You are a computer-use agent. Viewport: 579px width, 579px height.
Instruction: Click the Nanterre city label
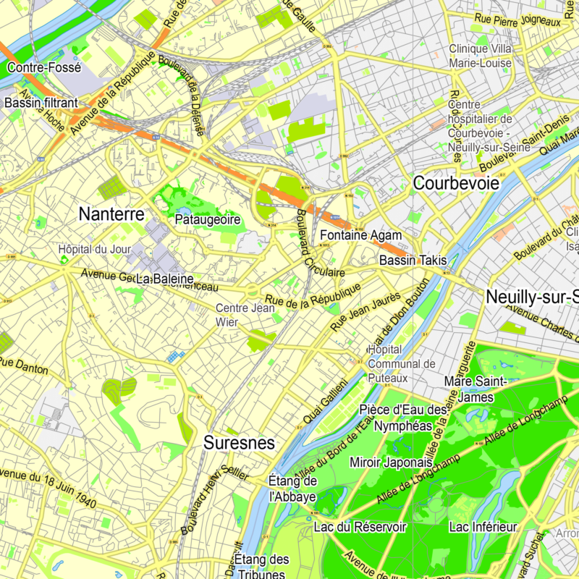tap(111, 214)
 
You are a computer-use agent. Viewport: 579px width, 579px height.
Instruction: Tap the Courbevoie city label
tap(456, 184)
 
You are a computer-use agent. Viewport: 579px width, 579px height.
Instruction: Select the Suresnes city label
tap(239, 443)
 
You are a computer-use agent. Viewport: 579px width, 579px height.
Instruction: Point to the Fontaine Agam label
tap(360, 235)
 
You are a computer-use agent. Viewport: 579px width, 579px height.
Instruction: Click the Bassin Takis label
tap(413, 260)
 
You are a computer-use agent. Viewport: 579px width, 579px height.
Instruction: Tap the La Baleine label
tap(164, 279)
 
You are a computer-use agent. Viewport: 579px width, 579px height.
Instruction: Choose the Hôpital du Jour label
tap(94, 250)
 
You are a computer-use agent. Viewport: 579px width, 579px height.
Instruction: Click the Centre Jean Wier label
tap(245, 315)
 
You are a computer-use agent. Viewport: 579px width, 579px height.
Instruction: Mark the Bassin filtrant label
tap(41, 103)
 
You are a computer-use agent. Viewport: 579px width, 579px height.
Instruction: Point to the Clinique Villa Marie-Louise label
tap(481, 56)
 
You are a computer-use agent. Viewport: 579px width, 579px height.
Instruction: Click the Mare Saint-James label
tap(468, 389)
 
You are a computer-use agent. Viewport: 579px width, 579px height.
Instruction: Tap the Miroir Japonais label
tap(391, 462)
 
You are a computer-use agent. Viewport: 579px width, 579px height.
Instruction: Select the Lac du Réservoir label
tap(360, 526)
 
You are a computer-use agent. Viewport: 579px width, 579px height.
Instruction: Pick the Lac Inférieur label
tap(482, 526)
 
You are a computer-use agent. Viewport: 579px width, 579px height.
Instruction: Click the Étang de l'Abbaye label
tap(292, 489)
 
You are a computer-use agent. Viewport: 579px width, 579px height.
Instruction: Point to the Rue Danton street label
tap(24, 365)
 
